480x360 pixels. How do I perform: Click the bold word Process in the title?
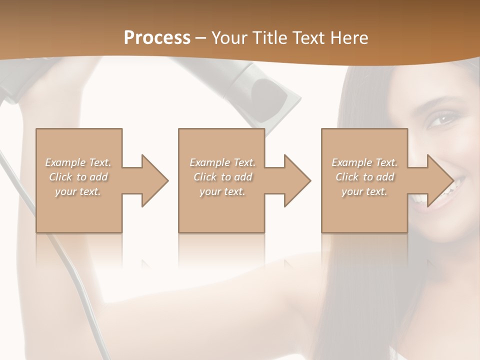point(157,38)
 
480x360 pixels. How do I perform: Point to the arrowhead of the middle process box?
point(296,180)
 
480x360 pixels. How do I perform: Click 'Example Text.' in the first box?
point(78,162)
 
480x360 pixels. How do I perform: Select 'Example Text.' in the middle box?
point(222,162)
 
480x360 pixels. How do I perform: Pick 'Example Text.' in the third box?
point(364,162)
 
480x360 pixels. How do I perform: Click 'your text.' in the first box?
point(78,191)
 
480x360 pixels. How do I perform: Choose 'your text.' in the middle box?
point(222,191)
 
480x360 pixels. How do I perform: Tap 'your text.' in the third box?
point(364,191)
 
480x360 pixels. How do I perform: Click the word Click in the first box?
point(61,177)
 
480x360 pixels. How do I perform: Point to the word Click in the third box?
point(347,177)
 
